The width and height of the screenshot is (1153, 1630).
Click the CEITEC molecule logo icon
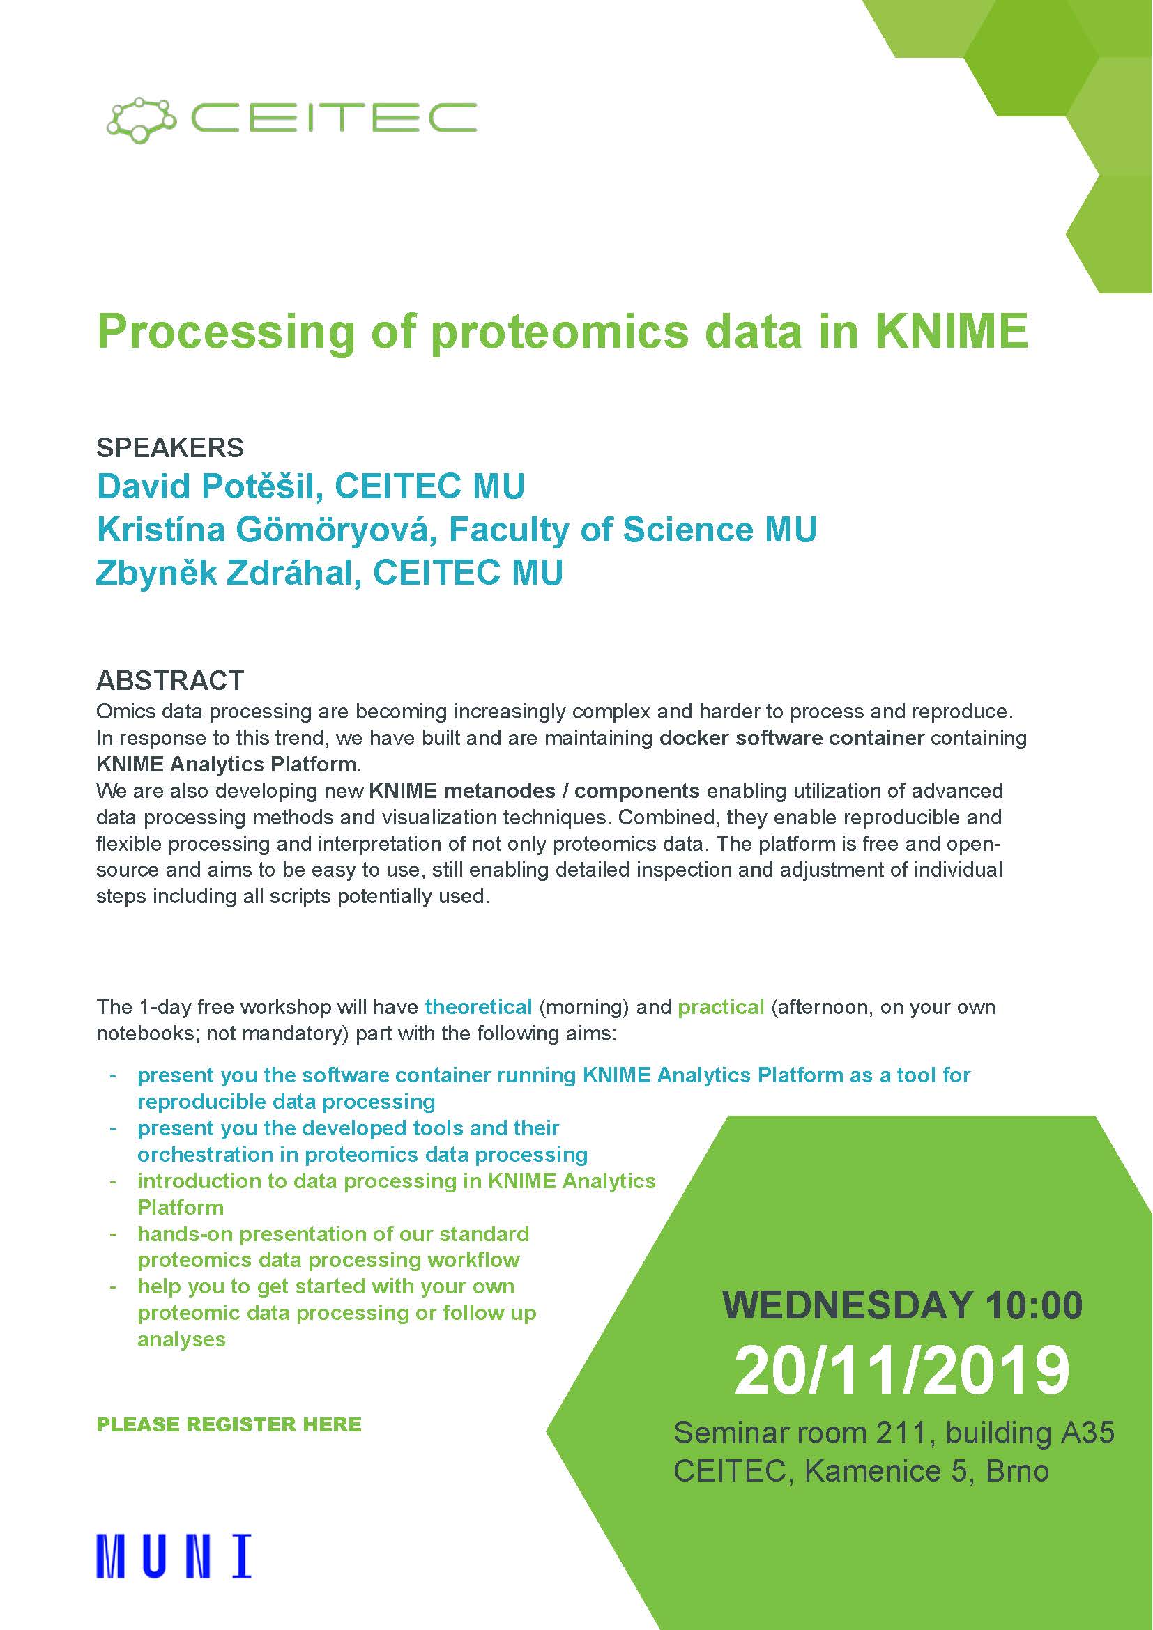(141, 118)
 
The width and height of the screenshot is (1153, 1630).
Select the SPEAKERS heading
(170, 447)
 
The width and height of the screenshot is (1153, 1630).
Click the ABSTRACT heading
(170, 680)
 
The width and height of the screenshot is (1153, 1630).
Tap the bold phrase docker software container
(792, 737)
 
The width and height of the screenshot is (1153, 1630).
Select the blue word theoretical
(478, 1007)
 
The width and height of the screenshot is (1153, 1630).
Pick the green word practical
(721, 1008)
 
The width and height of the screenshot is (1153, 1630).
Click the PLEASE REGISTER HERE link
(229, 1424)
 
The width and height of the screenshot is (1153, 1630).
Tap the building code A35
(1087, 1433)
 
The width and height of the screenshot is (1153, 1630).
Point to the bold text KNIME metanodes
(462, 790)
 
